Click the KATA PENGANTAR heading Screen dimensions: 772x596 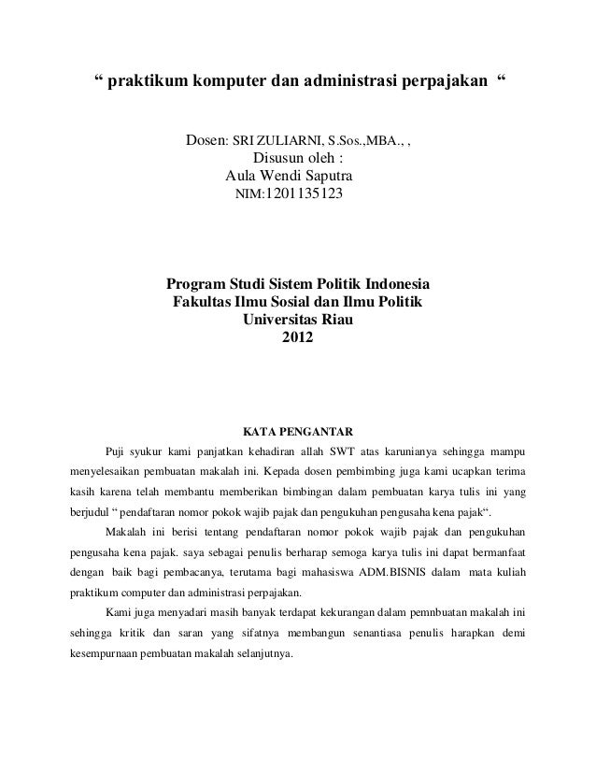[x=298, y=432]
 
